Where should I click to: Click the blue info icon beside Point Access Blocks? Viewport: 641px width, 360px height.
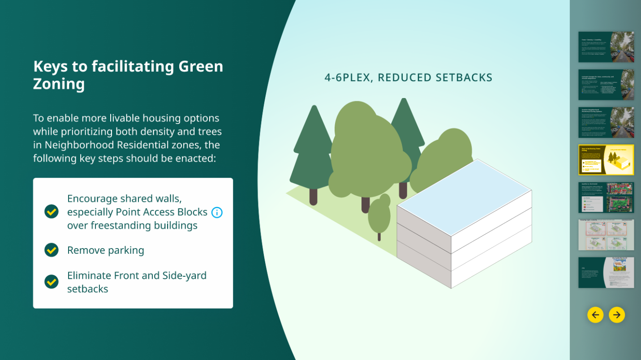[x=217, y=212]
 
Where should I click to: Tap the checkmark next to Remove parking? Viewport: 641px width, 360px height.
[x=52, y=250]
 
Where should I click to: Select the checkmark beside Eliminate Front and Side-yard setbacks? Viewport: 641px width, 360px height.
[x=52, y=282]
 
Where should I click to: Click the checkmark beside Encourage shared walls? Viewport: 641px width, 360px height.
[x=52, y=211]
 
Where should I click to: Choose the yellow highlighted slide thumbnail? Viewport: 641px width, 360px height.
[x=606, y=160]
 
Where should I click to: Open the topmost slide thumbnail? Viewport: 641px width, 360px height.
[x=606, y=47]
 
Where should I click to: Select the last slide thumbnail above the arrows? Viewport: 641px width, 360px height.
[x=606, y=272]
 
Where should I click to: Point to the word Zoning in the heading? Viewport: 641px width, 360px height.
[x=59, y=84]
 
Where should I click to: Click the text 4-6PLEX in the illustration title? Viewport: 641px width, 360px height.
[x=347, y=77]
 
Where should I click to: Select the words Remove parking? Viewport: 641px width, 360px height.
[x=106, y=250]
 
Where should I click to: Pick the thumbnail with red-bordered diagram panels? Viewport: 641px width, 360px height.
[x=606, y=235]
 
